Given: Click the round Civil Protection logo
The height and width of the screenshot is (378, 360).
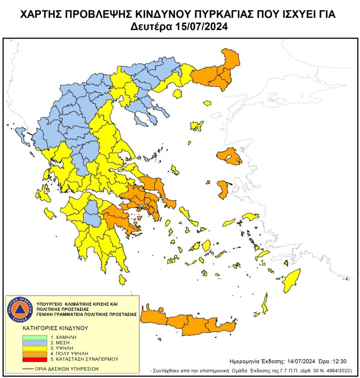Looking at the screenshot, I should click(x=19, y=309).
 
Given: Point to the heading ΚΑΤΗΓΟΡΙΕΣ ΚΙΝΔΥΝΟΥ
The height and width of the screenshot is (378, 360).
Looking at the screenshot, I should click(x=56, y=328).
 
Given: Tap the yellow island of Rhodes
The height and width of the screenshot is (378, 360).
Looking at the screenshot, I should click(x=292, y=280).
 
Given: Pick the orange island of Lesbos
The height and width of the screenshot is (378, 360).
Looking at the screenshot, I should click(x=228, y=157).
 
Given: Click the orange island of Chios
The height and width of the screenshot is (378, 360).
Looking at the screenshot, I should click(x=223, y=189).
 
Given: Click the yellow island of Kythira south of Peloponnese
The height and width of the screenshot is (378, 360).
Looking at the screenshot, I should click(x=122, y=279).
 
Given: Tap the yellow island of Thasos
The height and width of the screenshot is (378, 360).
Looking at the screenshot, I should click(x=178, y=94).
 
